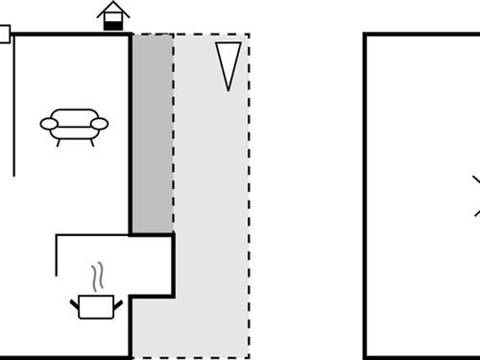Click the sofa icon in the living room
(74, 124)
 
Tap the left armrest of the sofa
(47, 122)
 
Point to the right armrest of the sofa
(101, 122)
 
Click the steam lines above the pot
(96, 278)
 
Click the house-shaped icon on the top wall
(114, 15)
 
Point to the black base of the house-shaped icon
(114, 25)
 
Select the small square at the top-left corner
(3, 35)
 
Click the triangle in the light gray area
(228, 61)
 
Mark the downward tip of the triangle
(228, 88)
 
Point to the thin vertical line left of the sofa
(14, 106)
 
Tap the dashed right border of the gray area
(249, 192)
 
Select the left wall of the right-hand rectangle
(366, 192)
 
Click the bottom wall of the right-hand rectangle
(422, 357)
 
